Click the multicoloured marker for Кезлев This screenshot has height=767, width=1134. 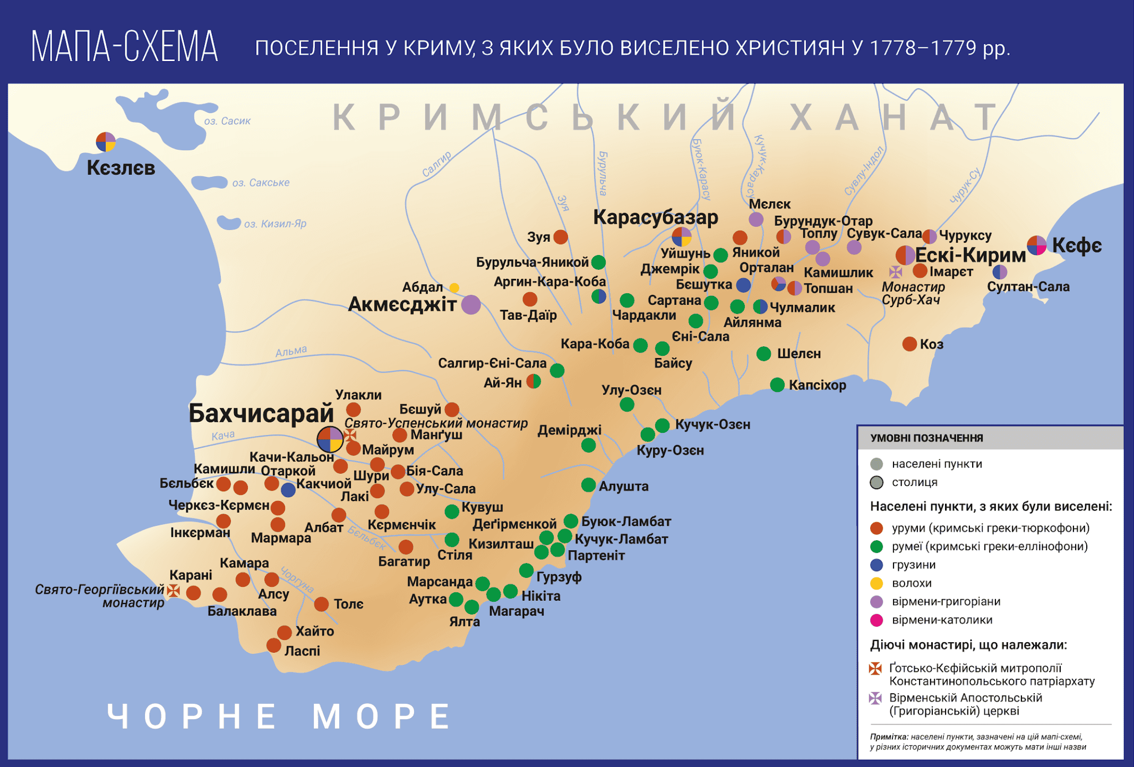(x=106, y=142)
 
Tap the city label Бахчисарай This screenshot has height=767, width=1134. (x=261, y=413)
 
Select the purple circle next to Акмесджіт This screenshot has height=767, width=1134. (x=471, y=304)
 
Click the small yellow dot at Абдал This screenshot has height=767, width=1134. (x=454, y=288)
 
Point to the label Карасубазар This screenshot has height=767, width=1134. (x=655, y=217)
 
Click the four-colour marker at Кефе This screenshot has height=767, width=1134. (x=1036, y=245)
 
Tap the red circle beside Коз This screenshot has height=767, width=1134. (x=909, y=344)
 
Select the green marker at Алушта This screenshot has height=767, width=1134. (x=588, y=484)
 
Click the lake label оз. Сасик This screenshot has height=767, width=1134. (x=227, y=121)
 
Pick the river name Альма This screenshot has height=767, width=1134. (x=291, y=351)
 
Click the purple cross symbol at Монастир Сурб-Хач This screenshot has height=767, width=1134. (x=896, y=272)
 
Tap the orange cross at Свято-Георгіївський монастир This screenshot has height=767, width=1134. (x=174, y=590)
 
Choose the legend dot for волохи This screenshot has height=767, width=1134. (x=877, y=583)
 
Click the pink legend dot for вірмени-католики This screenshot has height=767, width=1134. (x=877, y=620)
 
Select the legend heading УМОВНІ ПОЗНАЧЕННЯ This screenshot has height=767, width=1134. (x=926, y=438)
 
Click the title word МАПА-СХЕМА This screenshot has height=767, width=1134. (x=125, y=47)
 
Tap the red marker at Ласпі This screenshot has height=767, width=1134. (x=273, y=645)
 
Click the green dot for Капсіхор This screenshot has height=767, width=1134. (x=777, y=385)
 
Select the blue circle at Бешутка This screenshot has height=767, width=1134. (x=743, y=285)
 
